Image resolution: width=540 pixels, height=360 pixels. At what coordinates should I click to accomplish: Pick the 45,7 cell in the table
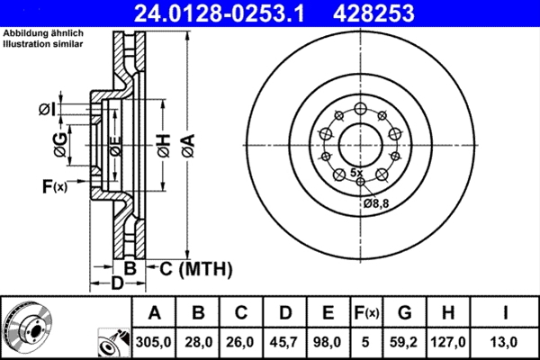tap(285, 341)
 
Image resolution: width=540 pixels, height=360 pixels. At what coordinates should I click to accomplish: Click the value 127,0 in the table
tap(452, 341)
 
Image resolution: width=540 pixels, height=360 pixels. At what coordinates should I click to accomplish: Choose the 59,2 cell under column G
tap(405, 341)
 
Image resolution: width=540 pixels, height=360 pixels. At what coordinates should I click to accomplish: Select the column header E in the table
tap(328, 312)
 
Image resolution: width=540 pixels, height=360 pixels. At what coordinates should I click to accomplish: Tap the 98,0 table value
tap(328, 341)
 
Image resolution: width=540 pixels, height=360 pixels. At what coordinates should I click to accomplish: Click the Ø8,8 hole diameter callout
tap(375, 204)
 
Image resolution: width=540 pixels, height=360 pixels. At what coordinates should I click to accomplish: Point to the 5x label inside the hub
tap(356, 172)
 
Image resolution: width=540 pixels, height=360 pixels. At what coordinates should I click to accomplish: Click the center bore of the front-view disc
tap(361, 139)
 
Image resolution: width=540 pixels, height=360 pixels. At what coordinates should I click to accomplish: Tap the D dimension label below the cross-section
tap(115, 284)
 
